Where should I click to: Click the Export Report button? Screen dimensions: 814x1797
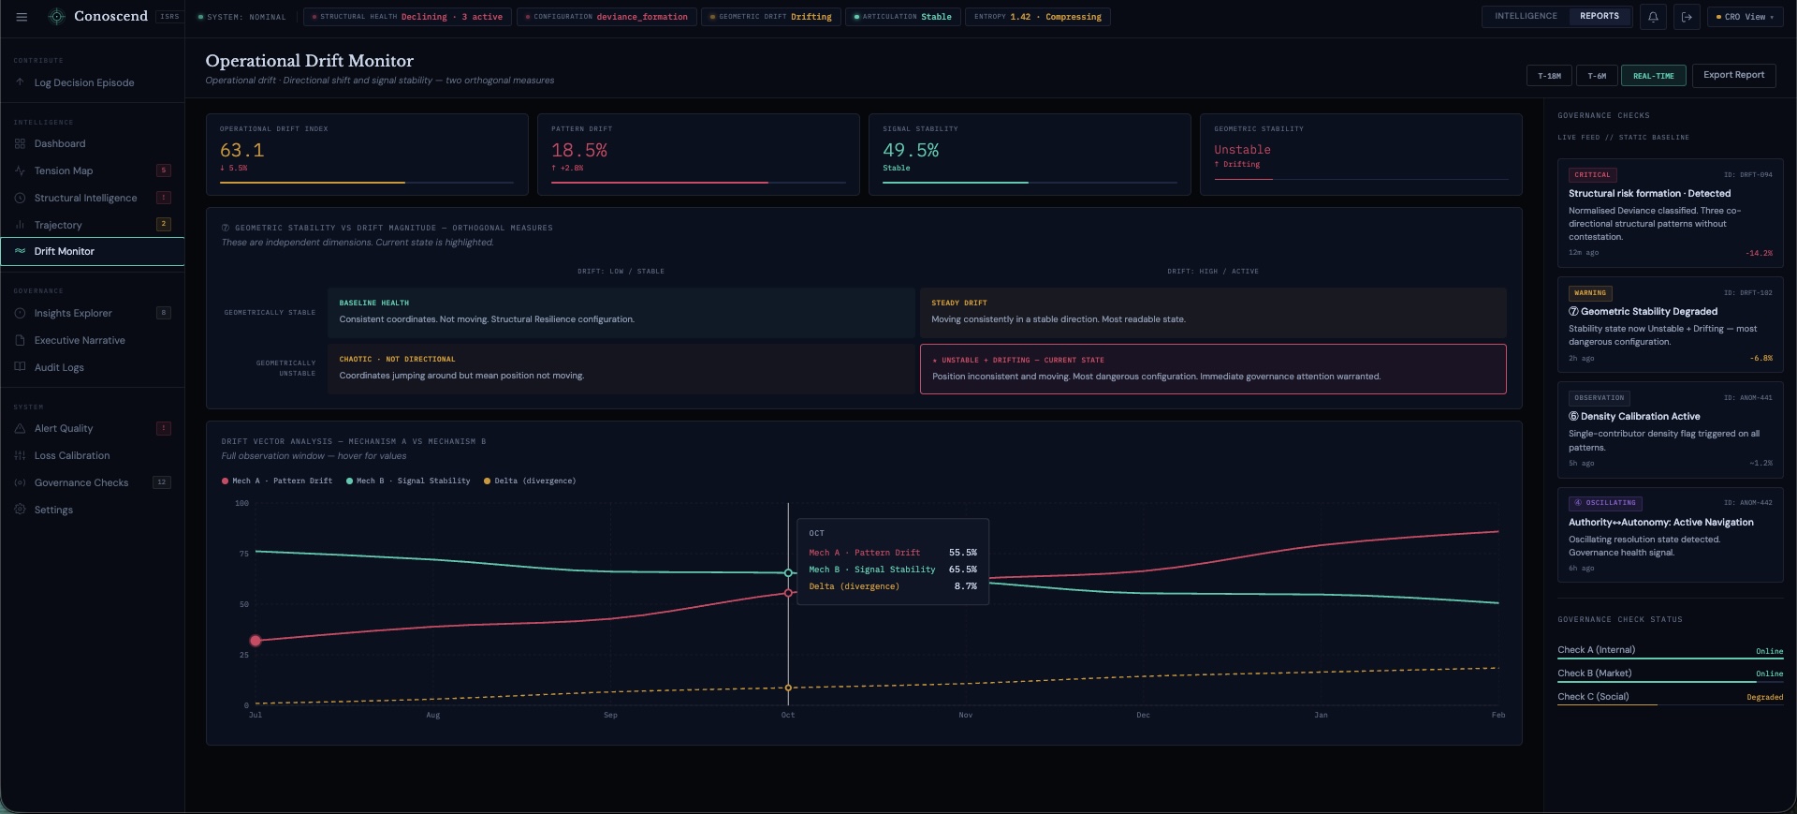pos(1733,75)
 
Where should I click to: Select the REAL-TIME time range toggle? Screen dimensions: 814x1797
pos(1653,76)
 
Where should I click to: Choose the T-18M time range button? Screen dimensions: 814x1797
pos(1549,76)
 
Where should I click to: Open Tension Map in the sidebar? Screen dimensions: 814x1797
pos(64,170)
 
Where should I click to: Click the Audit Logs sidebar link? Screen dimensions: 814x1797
pos(59,367)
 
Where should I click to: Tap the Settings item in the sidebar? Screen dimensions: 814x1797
pos(53,510)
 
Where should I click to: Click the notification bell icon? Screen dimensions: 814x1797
pos(1653,17)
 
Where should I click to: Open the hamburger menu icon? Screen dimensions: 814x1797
pos(22,17)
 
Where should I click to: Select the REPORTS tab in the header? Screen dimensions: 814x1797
pos(1599,16)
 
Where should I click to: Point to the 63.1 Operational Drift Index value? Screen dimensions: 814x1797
pos(241,150)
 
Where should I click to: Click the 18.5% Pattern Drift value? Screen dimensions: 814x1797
pos(579,150)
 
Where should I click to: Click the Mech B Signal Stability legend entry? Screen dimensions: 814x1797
pos(413,481)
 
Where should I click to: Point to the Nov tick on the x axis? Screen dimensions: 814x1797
pos(965,715)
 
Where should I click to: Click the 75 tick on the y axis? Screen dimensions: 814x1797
pos(243,554)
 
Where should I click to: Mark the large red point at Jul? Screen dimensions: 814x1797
pos(256,641)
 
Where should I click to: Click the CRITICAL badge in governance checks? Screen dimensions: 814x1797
pos(1592,174)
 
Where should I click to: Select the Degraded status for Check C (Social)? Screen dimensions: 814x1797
pos(1764,697)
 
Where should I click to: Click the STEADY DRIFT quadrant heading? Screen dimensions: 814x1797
pos(958,303)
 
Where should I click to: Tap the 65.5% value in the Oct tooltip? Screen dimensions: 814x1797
pos(962,570)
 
